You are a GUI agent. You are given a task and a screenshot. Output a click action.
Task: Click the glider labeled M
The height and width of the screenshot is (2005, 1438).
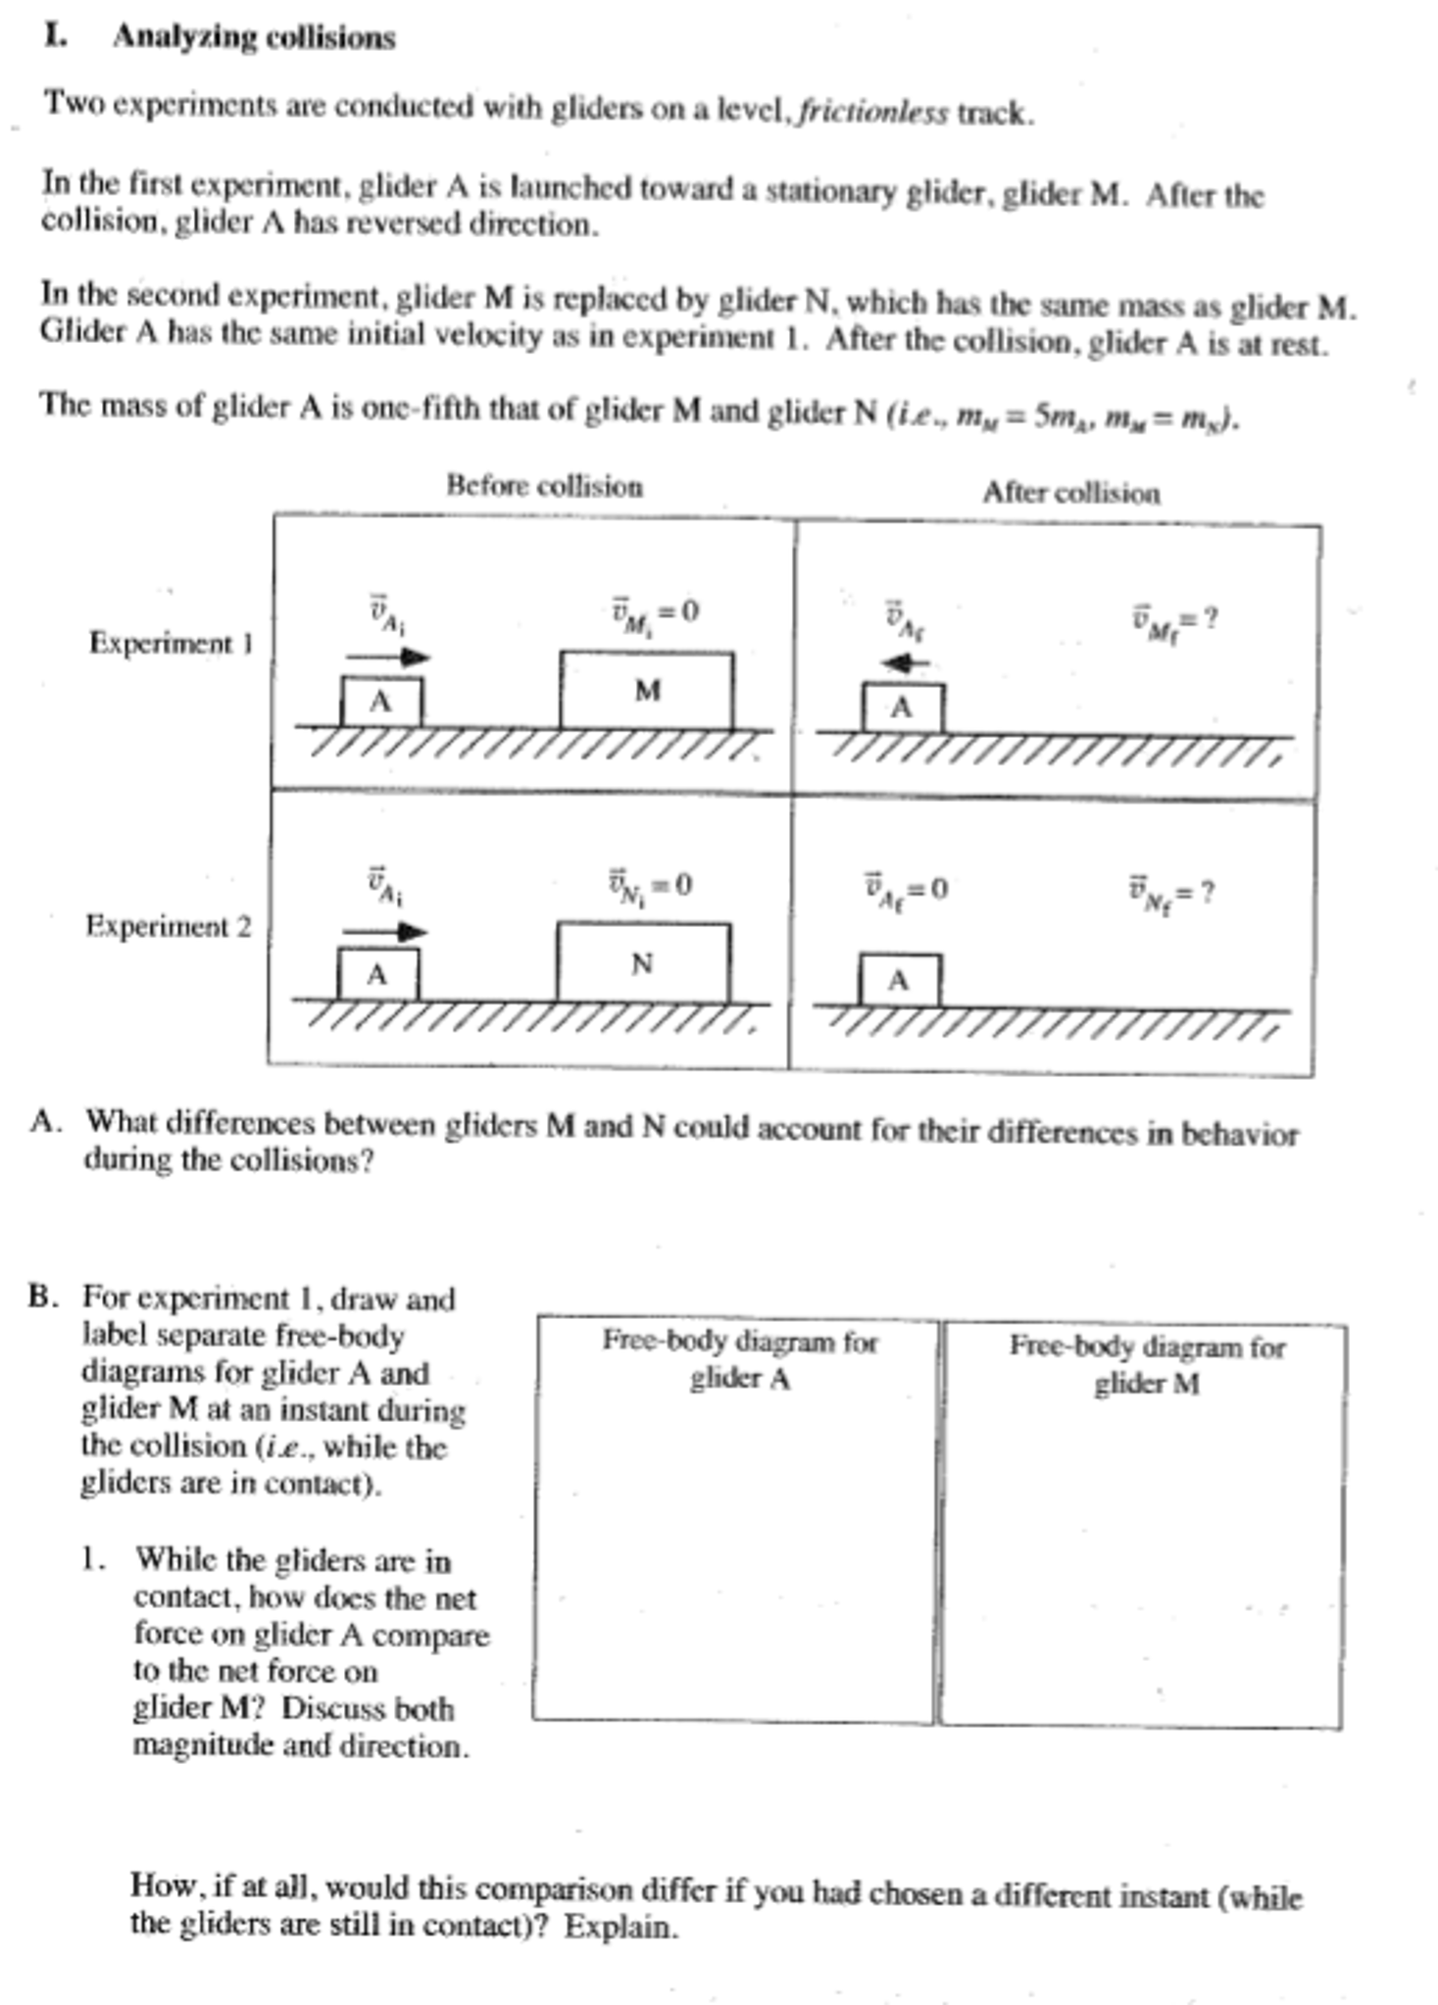(646, 691)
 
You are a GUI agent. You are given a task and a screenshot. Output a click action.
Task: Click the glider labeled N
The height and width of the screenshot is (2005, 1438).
(643, 962)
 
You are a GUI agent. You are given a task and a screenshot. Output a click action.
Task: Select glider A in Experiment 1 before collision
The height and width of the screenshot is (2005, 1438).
(381, 702)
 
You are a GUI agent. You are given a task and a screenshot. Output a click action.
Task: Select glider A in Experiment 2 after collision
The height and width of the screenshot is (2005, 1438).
(900, 980)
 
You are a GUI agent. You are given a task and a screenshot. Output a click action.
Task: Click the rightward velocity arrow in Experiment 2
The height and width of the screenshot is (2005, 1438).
(384, 931)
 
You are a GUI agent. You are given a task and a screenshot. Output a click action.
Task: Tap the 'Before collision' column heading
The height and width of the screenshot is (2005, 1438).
(544, 486)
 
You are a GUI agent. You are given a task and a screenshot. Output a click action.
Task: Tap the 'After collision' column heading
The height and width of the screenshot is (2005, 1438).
(1070, 492)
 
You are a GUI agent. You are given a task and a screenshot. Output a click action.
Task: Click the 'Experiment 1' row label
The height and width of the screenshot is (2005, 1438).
(171, 644)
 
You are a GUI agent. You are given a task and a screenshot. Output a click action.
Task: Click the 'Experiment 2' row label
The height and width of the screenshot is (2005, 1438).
(168, 926)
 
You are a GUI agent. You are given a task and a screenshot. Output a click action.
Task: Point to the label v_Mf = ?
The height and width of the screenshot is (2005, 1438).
(1173, 620)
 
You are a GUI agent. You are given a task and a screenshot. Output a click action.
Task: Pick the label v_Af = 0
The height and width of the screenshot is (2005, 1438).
(905, 890)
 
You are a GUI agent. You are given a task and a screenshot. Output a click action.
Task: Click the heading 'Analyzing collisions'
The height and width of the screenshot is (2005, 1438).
(254, 37)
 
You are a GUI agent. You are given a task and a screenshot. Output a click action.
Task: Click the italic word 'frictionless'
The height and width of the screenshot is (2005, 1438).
(872, 113)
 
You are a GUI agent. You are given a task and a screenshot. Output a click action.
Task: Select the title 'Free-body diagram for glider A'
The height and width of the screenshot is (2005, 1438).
(739, 1358)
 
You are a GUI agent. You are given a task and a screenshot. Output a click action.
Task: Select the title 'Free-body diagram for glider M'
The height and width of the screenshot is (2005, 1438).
(1146, 1364)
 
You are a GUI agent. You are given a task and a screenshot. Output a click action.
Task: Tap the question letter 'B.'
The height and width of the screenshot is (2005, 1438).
(44, 1296)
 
